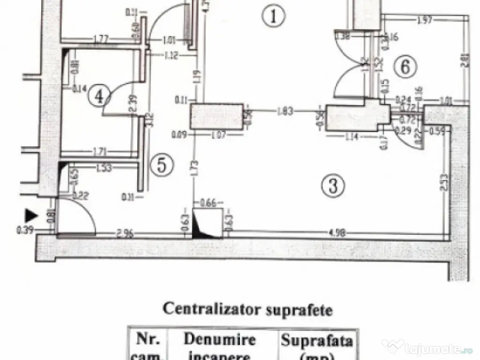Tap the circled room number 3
click(x=333, y=186)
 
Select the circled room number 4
click(x=99, y=96)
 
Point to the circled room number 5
click(x=162, y=165)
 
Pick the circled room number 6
click(x=405, y=67)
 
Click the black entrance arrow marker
click(x=31, y=215)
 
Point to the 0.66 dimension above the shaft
click(x=207, y=203)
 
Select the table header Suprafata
click(x=316, y=340)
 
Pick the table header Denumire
click(x=219, y=339)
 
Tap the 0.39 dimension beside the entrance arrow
click(x=22, y=230)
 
